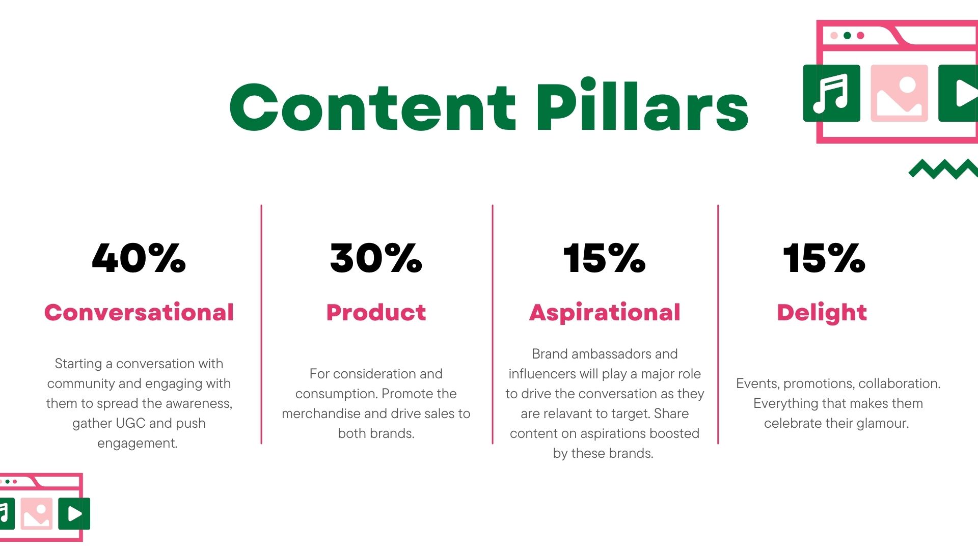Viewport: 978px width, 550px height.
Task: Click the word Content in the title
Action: point(373,107)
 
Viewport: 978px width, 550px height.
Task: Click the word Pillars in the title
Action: point(642,104)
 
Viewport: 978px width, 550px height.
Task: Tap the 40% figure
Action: point(139,258)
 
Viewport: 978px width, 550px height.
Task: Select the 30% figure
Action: point(376,258)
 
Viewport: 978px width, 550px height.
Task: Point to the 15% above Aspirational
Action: point(604,258)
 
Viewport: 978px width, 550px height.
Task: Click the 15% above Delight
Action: point(824,258)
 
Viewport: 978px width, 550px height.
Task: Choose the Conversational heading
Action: point(139,312)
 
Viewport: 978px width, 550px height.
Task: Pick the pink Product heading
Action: point(376,312)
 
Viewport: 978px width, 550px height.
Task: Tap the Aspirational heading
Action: point(605,313)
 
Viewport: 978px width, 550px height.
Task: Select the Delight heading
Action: point(822,313)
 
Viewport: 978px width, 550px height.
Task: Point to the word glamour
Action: point(883,424)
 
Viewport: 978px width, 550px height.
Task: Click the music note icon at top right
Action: point(832,93)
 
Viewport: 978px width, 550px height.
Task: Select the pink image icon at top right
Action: point(899,93)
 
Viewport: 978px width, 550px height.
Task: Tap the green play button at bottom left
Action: point(74,513)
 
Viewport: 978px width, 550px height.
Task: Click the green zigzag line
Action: point(943,170)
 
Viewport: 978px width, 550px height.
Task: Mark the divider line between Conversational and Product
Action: point(261,324)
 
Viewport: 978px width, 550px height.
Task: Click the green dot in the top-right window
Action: point(847,36)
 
